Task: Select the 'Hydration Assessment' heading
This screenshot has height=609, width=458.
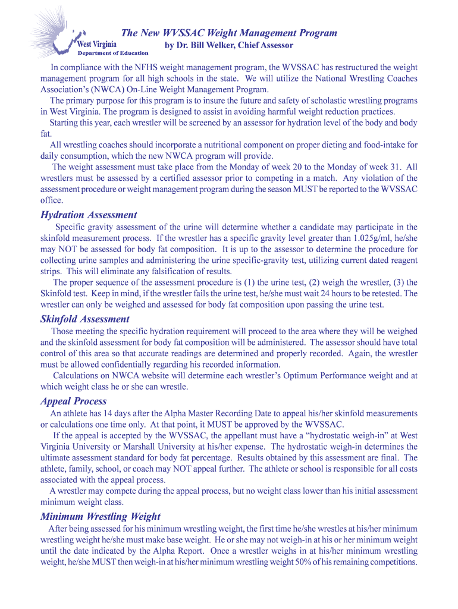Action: click(89, 215)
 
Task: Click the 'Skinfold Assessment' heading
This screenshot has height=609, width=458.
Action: click(84, 319)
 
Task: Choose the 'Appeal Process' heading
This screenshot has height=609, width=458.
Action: click(74, 401)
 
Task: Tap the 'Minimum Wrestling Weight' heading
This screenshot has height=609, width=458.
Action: click(101, 517)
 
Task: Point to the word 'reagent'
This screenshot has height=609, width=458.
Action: click(401, 260)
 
